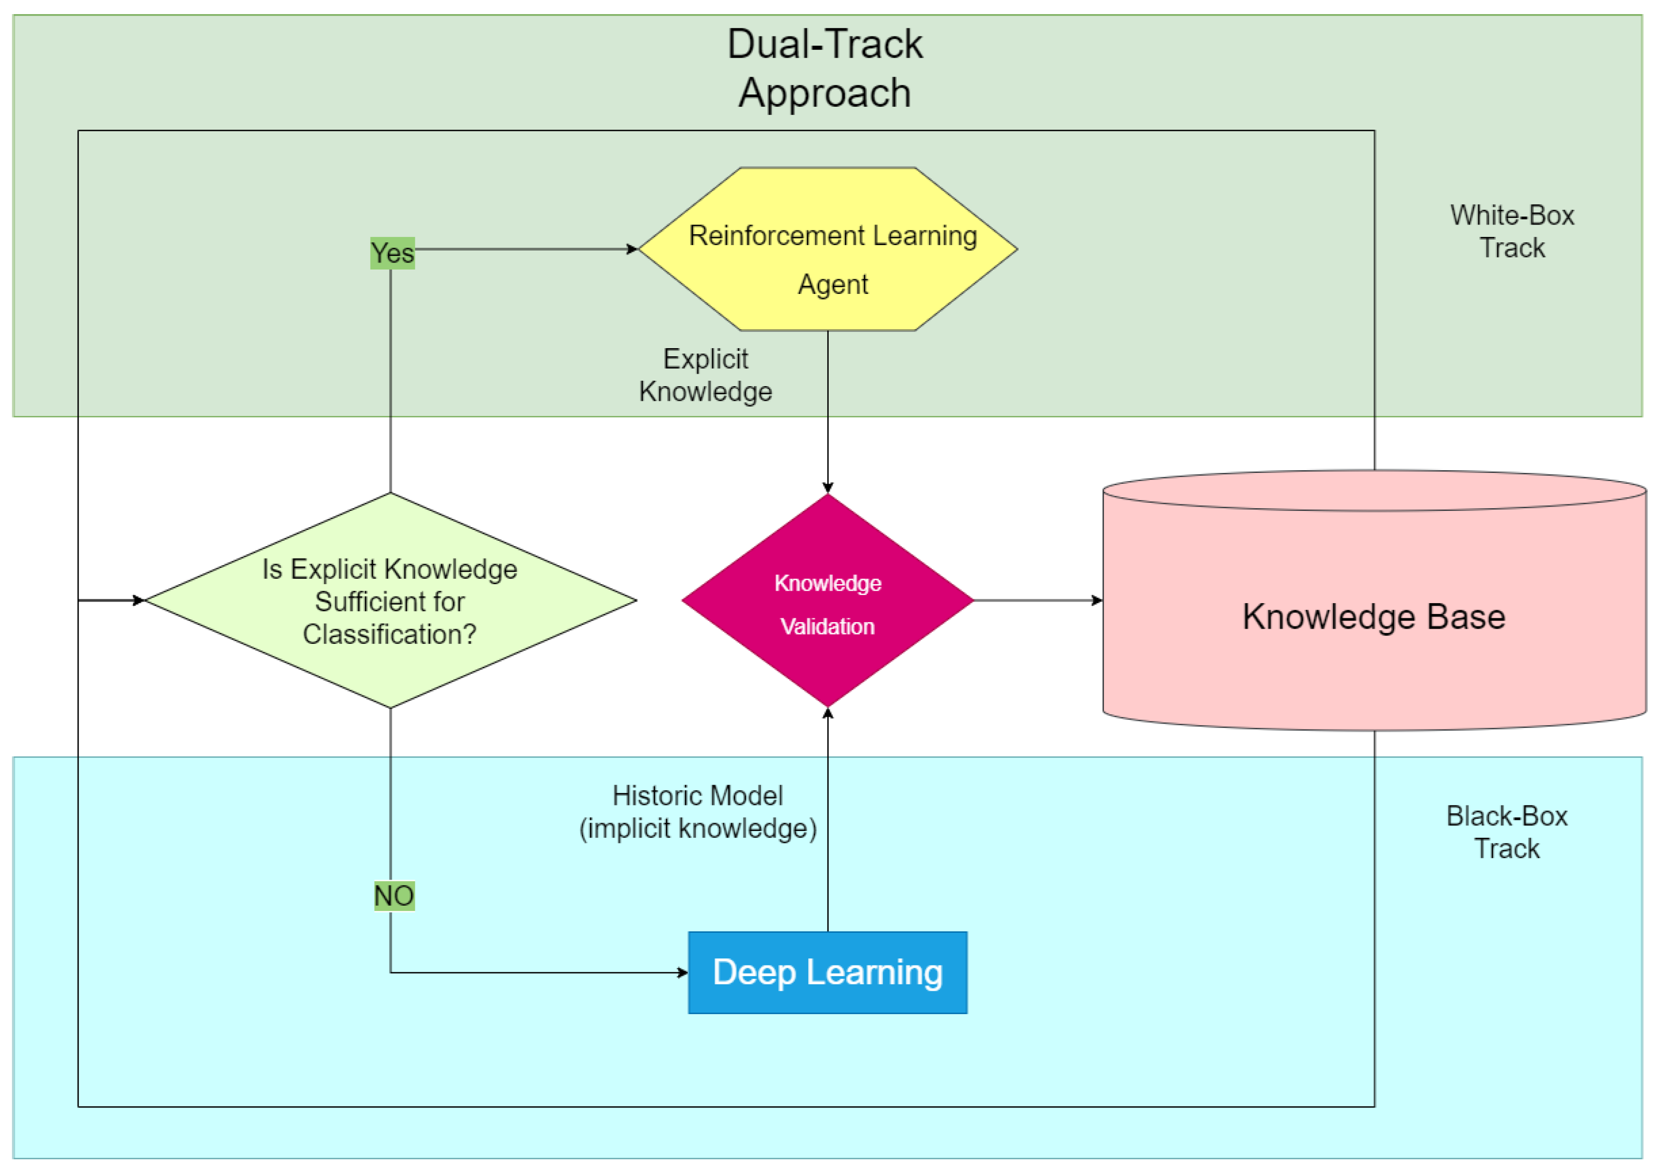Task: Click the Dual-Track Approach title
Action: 824,68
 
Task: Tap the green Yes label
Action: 393,253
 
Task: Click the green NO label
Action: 394,895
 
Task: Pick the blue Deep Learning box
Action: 827,972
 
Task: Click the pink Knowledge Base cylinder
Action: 1373,617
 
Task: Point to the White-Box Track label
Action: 1512,231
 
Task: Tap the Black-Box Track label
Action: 1507,832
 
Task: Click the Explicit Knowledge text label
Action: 705,375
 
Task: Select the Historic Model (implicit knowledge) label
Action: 698,812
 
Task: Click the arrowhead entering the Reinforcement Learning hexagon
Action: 633,249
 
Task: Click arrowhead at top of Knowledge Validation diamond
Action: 828,488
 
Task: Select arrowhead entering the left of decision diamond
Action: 139,600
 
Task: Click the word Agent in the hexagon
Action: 832,284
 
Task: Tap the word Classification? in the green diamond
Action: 390,635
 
